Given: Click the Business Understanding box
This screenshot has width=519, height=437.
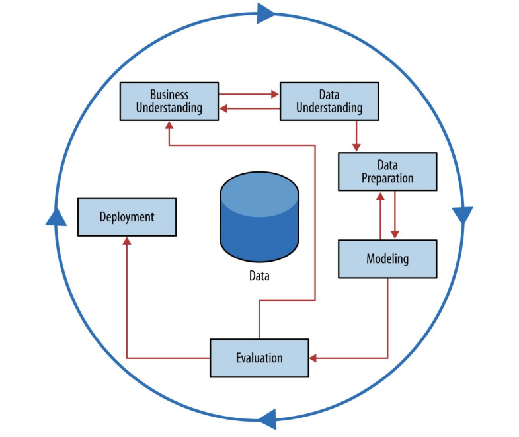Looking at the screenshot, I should click(x=169, y=101).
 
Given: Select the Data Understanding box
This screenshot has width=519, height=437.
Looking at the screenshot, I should click(x=329, y=101).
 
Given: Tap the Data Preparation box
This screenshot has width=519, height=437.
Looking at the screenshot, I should click(x=387, y=172).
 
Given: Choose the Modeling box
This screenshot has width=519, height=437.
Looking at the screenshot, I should click(x=387, y=258).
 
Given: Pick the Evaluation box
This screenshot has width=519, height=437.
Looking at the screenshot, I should click(x=259, y=358).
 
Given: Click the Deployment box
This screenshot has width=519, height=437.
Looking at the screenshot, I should click(x=127, y=217).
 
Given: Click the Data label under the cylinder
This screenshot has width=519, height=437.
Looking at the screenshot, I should click(x=259, y=276).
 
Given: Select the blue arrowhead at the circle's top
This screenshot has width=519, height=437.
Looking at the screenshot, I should click(x=266, y=13).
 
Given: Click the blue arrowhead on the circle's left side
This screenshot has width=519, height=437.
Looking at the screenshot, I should click(x=56, y=216).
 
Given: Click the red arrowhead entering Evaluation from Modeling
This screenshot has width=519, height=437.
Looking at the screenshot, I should click(x=313, y=358).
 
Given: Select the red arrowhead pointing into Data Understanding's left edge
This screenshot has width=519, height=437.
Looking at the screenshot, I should click(x=276, y=95).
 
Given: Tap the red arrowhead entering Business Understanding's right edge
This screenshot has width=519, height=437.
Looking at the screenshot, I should click(x=223, y=108).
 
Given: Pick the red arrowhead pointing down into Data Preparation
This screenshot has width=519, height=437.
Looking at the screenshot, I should click(x=357, y=147).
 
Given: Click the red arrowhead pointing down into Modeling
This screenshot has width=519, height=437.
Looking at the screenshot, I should click(x=395, y=235).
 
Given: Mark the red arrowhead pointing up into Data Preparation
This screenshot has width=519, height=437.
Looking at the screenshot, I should click(x=380, y=196).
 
